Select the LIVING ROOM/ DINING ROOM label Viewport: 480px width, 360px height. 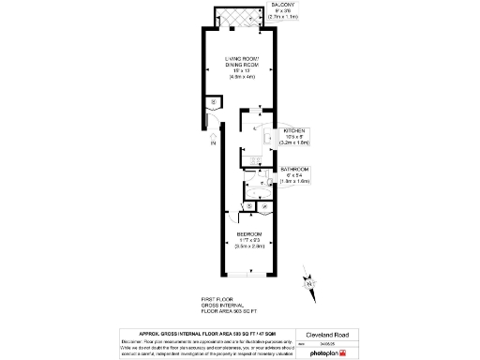(x=239, y=65)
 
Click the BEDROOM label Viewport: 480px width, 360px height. (x=248, y=232)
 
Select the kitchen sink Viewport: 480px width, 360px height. (x=267, y=141)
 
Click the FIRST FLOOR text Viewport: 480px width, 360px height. (x=218, y=299)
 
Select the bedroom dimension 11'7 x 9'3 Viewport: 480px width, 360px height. (x=248, y=239)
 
